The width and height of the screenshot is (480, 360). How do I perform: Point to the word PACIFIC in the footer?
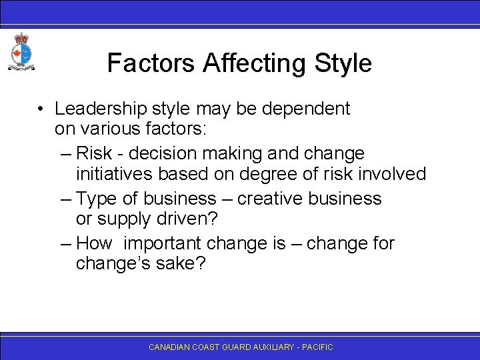click(x=317, y=347)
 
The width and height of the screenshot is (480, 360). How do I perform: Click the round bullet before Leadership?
click(x=41, y=109)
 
